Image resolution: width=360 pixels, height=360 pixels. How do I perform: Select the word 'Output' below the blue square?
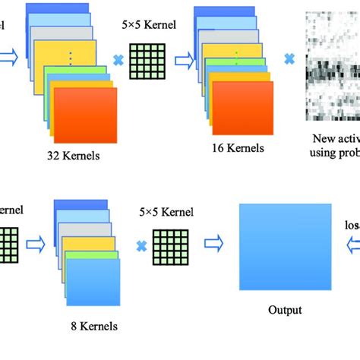pos(285,310)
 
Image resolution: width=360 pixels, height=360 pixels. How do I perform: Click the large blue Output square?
pos(285,248)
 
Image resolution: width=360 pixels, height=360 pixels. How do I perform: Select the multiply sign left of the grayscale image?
pos(289,58)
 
